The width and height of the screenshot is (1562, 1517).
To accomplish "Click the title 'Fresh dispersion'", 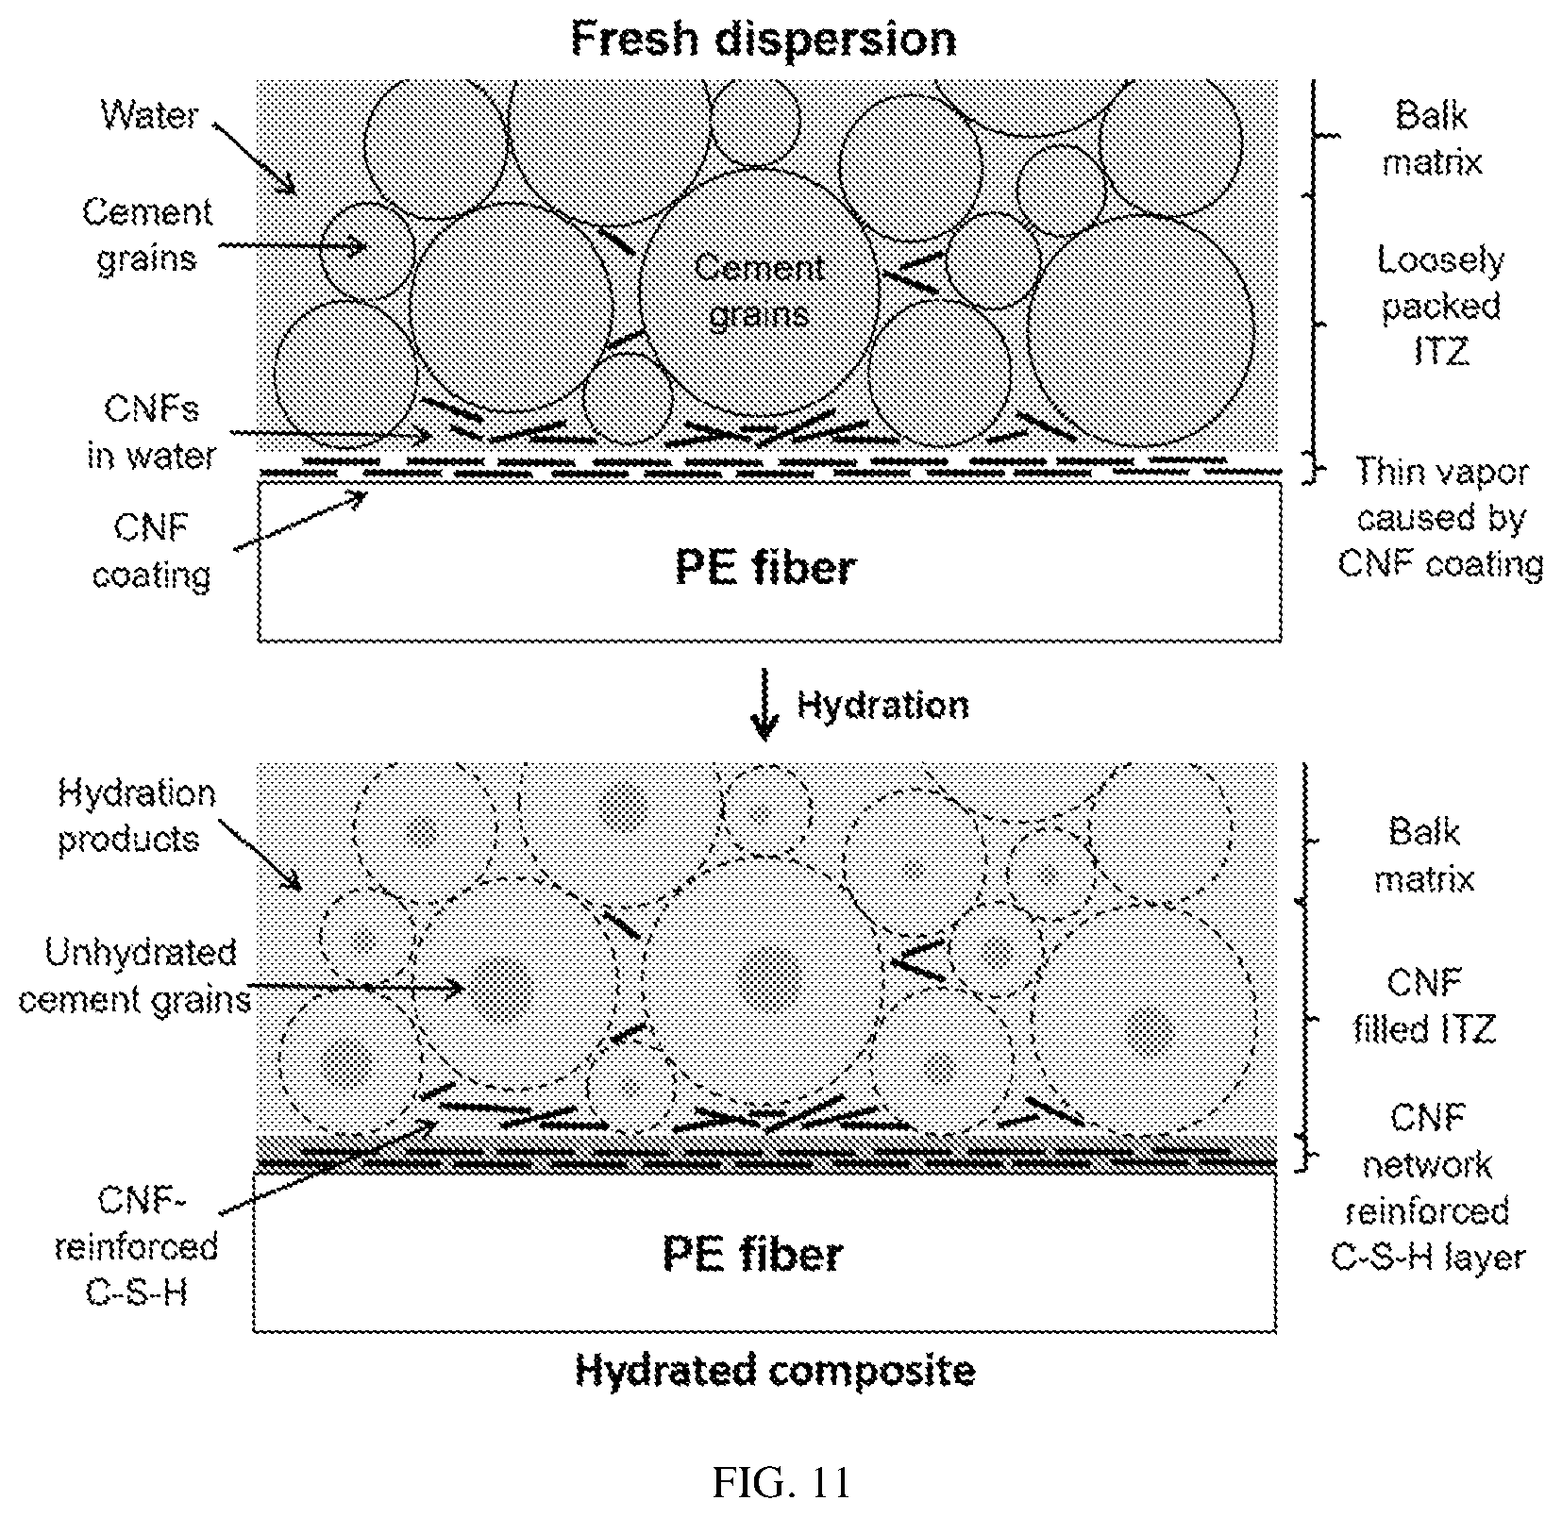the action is click(x=763, y=41).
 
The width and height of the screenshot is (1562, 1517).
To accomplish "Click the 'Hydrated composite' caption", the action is click(x=775, y=1371).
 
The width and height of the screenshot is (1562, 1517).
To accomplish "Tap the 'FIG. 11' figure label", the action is click(x=781, y=1482).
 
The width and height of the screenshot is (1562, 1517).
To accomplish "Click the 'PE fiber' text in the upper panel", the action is click(x=765, y=568).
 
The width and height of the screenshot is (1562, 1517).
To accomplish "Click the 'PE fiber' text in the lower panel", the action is click(x=753, y=1254).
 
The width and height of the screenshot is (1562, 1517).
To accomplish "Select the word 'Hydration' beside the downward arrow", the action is click(x=882, y=706).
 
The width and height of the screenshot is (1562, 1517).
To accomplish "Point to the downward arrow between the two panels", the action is click(x=764, y=704).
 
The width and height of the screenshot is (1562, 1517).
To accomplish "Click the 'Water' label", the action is click(x=149, y=115).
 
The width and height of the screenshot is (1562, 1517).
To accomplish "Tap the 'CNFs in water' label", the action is click(x=151, y=432).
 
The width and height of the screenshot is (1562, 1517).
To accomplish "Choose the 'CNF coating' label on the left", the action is click(x=151, y=551).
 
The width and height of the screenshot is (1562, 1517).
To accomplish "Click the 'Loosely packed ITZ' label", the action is click(x=1440, y=306).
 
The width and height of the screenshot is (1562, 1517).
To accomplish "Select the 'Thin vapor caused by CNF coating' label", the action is click(x=1441, y=517).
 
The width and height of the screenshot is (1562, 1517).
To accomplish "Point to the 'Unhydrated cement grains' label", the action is click(x=135, y=975).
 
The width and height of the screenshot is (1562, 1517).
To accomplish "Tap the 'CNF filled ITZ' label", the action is click(x=1425, y=1006).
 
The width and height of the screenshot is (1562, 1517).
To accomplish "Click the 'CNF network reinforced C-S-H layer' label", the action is click(x=1428, y=1188).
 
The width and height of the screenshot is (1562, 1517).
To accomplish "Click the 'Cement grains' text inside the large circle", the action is click(x=760, y=291).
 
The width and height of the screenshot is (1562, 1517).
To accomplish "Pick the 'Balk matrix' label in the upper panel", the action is click(x=1432, y=139).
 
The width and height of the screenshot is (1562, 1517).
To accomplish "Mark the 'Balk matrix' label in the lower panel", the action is click(x=1424, y=856).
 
